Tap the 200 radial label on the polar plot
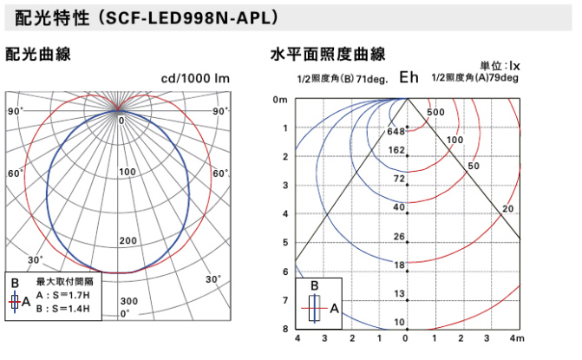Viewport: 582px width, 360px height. (128, 240)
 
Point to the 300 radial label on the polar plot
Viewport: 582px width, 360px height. (128, 300)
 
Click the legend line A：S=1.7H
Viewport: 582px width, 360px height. (69, 296)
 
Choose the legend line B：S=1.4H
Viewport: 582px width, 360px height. (69, 309)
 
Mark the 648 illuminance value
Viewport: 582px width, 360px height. (396, 132)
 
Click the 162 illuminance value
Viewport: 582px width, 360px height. (397, 150)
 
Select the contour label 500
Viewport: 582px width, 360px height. (435, 113)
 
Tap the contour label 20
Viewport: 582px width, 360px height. (507, 209)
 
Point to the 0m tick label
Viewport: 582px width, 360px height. (280, 100)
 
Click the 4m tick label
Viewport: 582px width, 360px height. (517, 337)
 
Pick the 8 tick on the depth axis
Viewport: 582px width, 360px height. (284, 329)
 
